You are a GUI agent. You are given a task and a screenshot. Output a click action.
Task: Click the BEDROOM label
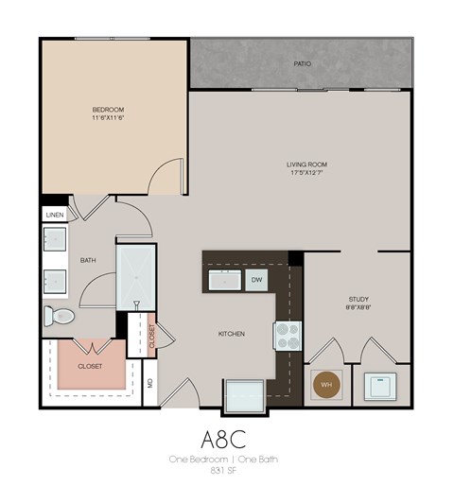tap(109, 111)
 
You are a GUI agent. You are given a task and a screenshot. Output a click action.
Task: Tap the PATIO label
tap(303, 64)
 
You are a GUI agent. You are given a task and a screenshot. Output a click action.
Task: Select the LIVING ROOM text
tap(306, 165)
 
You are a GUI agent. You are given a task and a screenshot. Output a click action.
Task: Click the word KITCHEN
tap(232, 334)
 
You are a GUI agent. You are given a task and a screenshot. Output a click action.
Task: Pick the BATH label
tap(88, 260)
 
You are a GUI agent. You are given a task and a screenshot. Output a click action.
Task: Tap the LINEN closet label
tap(54, 216)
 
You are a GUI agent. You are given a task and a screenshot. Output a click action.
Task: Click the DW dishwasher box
tap(256, 280)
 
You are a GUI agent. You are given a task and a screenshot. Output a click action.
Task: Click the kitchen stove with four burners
tap(288, 334)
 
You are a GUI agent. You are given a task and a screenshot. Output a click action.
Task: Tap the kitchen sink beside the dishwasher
tap(224, 280)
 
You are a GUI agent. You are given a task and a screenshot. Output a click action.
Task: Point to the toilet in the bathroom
tap(60, 316)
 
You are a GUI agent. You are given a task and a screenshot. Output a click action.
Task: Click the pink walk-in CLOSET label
tap(90, 365)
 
